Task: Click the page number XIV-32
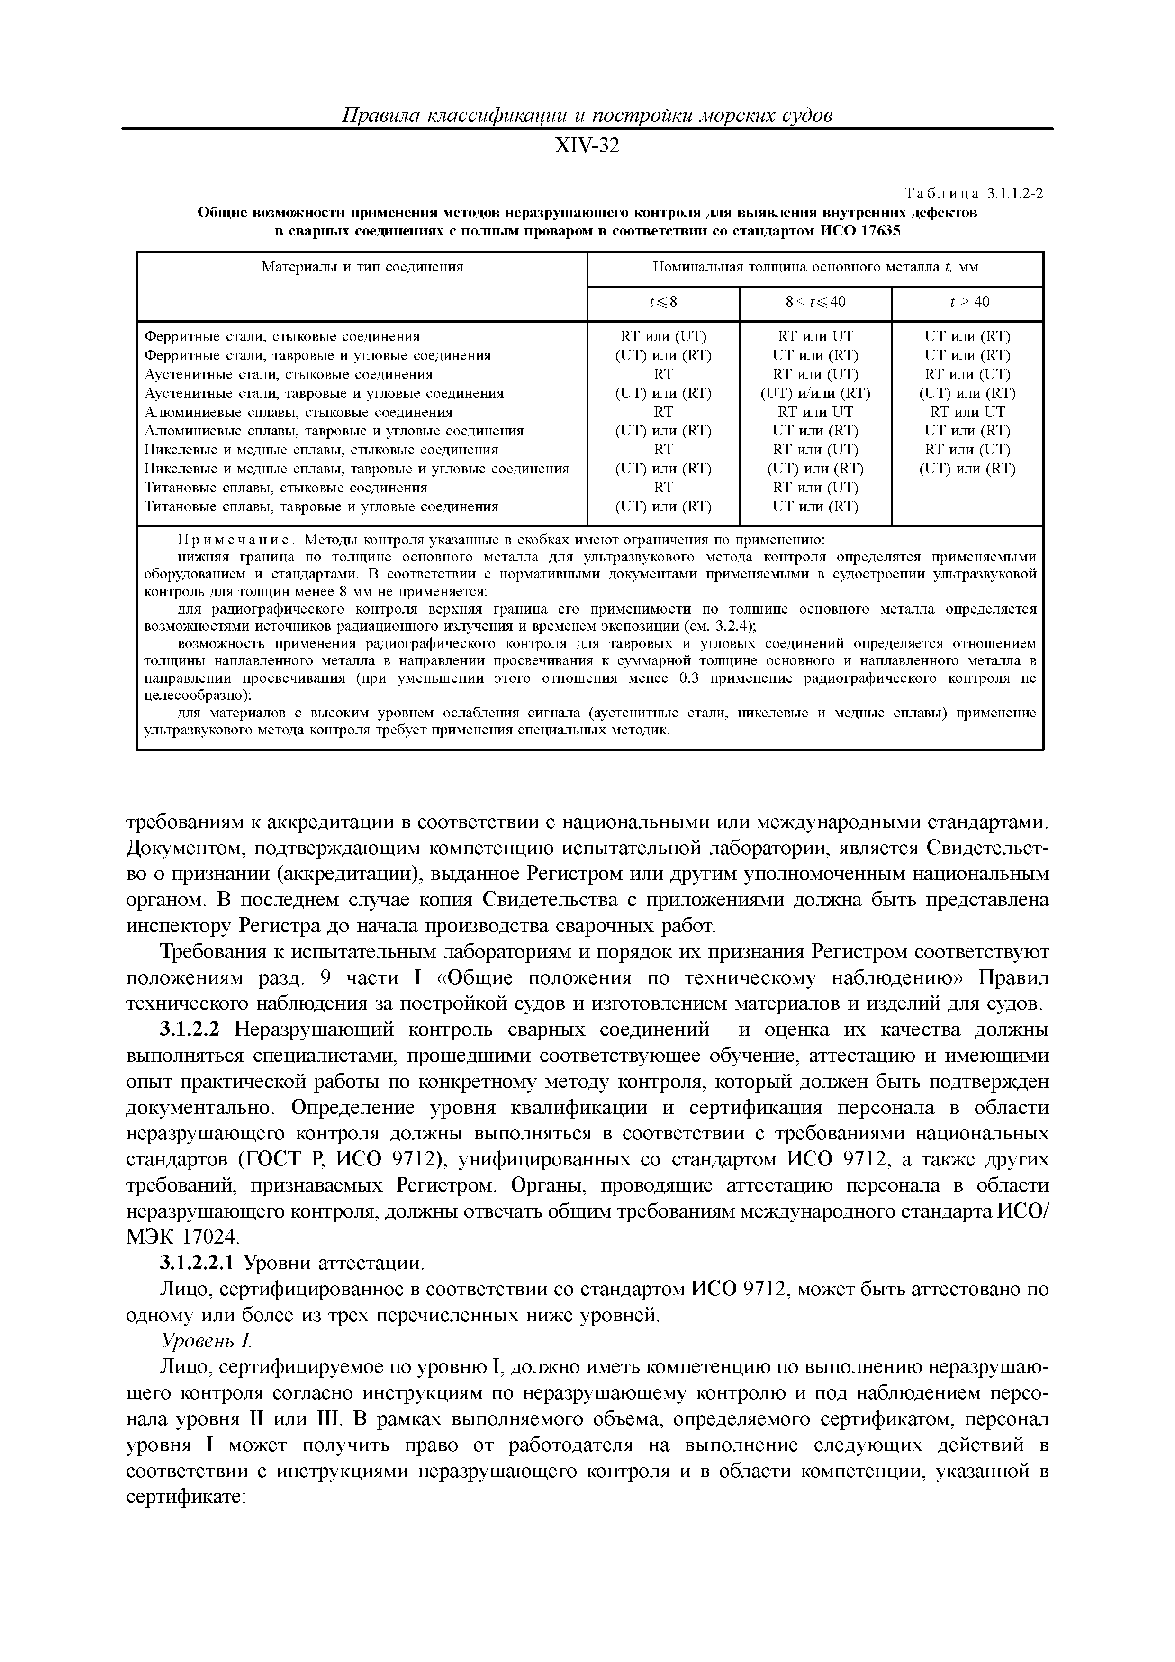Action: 587,146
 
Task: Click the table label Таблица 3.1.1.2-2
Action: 975,193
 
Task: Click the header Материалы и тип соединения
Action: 362,267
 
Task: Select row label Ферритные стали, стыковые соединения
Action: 282,336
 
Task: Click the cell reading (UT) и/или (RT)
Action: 815,394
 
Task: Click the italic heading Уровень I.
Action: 205,1341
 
